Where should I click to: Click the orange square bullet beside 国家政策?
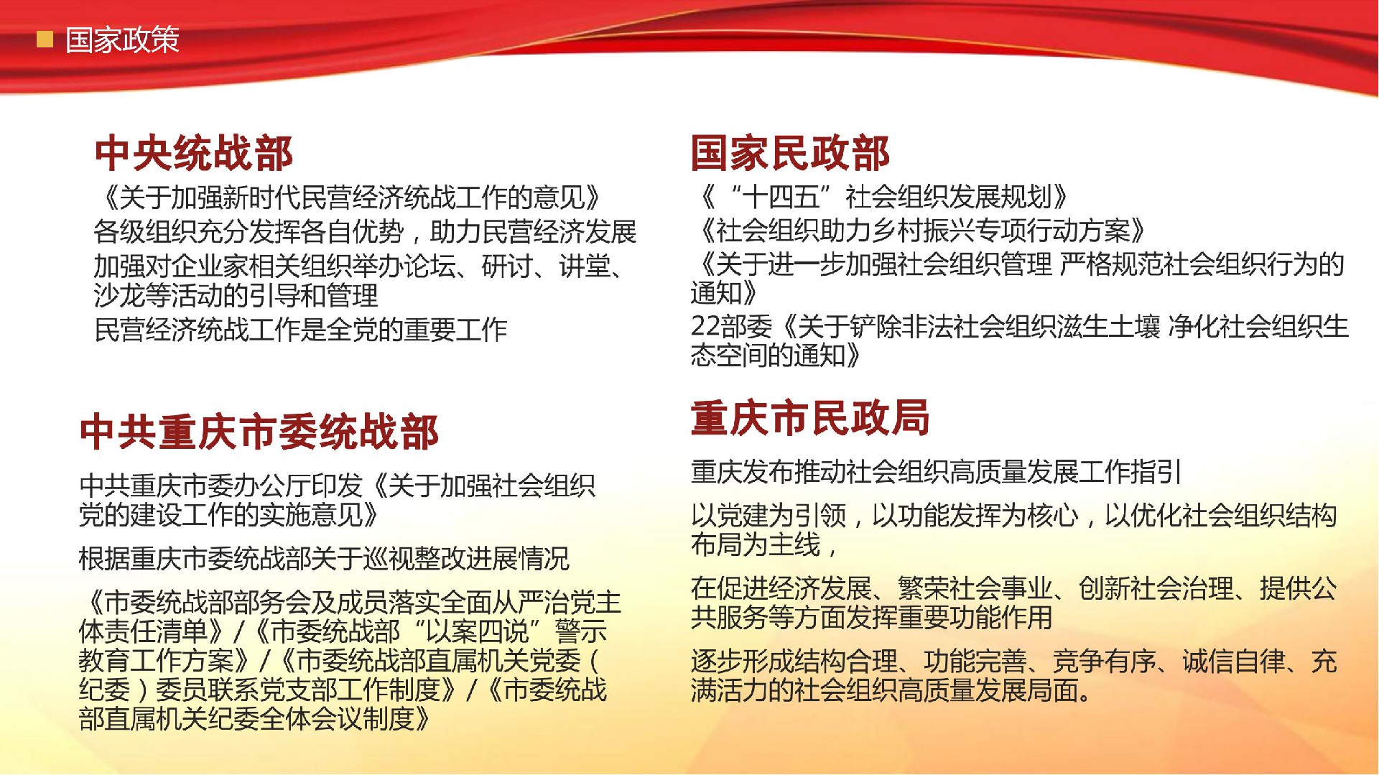tap(45, 39)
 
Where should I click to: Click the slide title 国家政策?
tap(122, 40)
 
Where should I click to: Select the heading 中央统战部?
tap(194, 153)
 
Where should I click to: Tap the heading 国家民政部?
tap(790, 153)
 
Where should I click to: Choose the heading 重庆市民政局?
tap(810, 418)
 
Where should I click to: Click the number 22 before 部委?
tap(705, 327)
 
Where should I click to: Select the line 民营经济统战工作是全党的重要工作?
tap(301, 330)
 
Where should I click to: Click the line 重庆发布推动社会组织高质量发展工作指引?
tap(937, 472)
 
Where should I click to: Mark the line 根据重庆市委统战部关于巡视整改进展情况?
tap(324, 558)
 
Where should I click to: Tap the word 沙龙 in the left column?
tap(119, 295)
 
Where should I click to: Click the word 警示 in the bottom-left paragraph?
tap(580, 631)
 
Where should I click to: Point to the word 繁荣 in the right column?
tap(924, 588)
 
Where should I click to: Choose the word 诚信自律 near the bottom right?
tap(1234, 661)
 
